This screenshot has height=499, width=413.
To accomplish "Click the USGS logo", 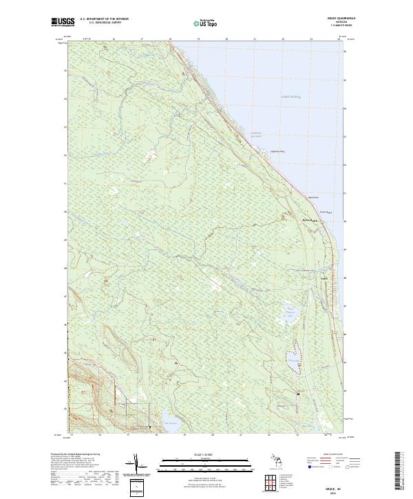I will click(63, 21).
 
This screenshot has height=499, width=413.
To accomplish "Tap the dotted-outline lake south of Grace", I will click(291, 358).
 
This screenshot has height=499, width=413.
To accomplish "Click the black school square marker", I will click(297, 393).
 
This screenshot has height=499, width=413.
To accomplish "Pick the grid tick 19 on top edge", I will click(198, 40).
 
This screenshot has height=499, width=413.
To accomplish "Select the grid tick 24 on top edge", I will click(339, 40).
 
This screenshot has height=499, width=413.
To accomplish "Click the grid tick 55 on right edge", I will click(346, 71).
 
